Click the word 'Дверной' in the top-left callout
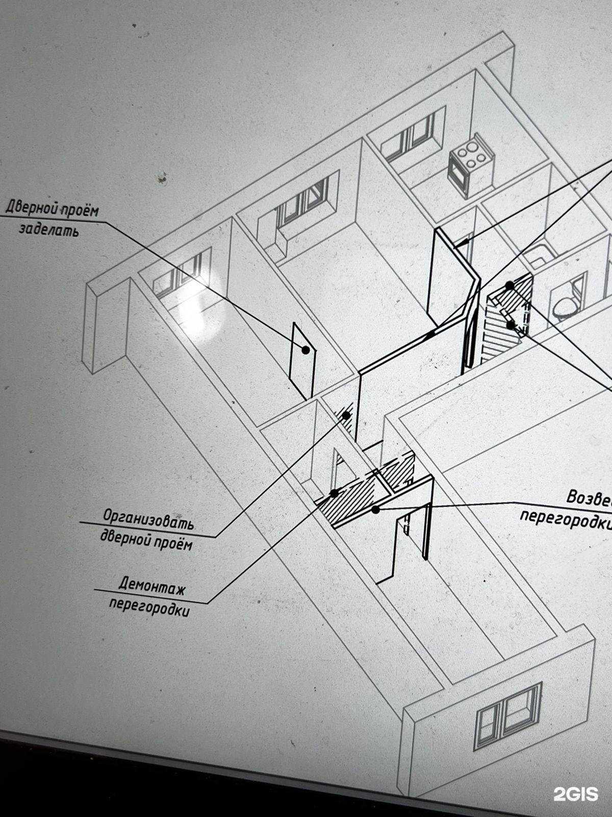point(31,207)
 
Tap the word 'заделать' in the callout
point(49,229)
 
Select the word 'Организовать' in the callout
point(148,518)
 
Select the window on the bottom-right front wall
point(507,716)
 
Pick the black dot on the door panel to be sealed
point(305,350)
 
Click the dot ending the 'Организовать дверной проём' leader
point(346,415)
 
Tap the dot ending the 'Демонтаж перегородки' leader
point(335,493)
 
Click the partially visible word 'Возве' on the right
point(589,498)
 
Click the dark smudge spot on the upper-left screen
point(163,178)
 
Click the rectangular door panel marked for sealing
point(302,361)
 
